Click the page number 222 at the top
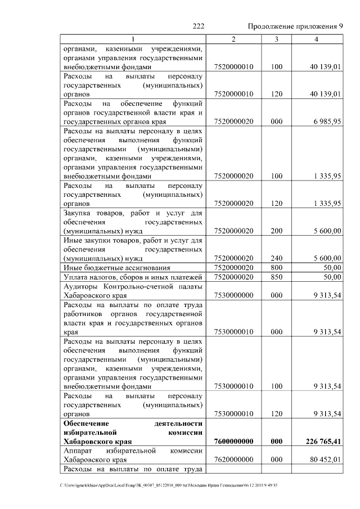[198, 26]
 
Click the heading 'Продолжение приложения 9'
[295, 26]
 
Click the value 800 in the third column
[276, 268]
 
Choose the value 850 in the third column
[276, 277]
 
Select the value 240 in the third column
[276, 258]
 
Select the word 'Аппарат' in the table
[79, 451]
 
